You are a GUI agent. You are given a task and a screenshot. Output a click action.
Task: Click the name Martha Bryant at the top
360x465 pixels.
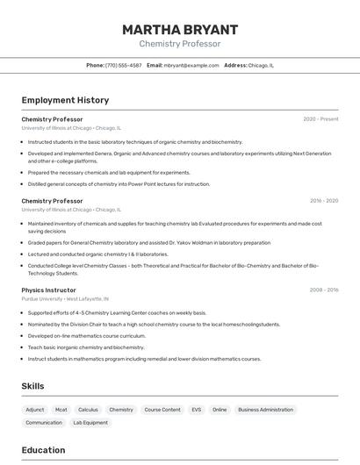pos(180,29)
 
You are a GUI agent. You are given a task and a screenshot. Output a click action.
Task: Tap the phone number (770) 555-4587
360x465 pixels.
pos(123,65)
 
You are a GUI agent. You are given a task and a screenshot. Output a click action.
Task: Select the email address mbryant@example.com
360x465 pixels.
pos(191,65)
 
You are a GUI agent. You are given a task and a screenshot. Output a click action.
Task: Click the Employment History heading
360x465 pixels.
pos(65,100)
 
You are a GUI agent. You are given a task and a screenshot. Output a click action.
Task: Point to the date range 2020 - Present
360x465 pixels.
pos(320,119)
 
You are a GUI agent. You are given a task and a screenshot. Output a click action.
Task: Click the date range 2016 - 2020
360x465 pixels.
pos(324,201)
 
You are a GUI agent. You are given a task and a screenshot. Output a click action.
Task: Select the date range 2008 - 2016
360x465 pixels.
pos(324,290)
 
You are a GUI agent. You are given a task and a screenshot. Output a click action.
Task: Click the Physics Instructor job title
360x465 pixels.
pos(48,290)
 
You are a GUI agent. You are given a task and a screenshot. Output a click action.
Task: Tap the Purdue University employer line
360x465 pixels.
pos(66,299)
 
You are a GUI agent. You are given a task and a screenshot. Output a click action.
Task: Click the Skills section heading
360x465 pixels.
pos(32,386)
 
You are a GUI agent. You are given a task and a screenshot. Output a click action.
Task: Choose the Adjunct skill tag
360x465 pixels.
pos(35,410)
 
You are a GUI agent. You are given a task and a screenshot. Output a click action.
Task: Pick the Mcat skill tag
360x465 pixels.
pos(61,410)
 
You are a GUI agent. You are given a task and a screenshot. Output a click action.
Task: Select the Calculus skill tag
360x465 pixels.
pos(88,410)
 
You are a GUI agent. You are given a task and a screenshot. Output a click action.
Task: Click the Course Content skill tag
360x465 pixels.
pos(162,410)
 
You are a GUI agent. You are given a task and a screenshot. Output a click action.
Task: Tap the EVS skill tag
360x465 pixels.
pos(196,410)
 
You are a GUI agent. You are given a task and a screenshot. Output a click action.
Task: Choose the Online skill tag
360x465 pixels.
pos(220,410)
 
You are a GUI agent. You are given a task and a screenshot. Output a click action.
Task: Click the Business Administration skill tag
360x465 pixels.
pos(265,410)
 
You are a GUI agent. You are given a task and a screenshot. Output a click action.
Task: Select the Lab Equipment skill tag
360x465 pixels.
pos(90,423)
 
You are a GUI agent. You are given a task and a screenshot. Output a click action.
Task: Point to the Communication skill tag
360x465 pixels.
pos(44,423)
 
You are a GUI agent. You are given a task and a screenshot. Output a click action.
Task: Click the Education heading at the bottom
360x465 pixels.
pos(43,450)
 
